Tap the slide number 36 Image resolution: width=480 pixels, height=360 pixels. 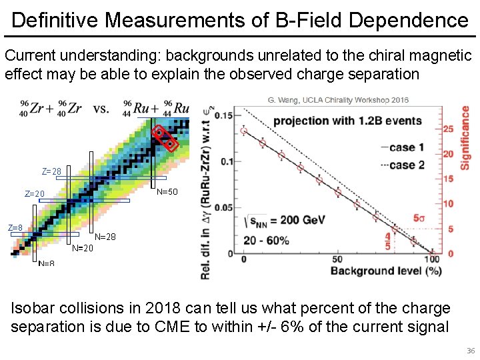click(471, 351)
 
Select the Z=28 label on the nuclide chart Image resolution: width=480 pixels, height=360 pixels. click(51, 171)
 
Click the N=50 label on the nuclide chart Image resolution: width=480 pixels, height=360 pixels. click(167, 192)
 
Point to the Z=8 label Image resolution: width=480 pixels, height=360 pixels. click(15, 228)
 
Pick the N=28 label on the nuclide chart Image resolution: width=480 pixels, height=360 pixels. click(105, 237)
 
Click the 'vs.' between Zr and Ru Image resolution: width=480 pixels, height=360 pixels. click(101, 108)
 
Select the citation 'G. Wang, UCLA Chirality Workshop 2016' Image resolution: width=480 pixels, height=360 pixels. click(338, 100)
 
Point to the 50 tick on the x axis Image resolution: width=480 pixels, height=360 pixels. click(337, 259)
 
